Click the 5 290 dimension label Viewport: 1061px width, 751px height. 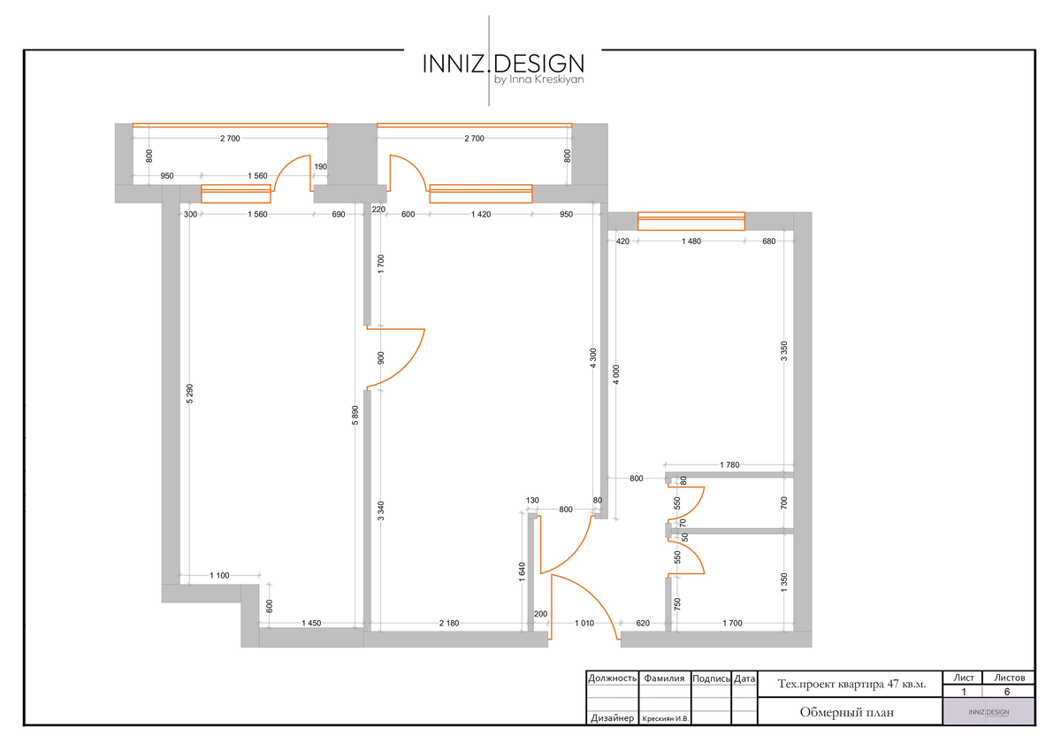[x=190, y=394]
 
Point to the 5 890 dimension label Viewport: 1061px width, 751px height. [x=355, y=415]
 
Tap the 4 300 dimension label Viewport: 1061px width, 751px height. [x=593, y=358]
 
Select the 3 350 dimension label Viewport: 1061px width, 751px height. [x=784, y=351]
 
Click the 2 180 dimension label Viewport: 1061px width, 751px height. [x=449, y=623]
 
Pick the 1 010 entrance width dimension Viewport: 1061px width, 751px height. [x=584, y=623]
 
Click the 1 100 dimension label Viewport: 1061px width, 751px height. [x=219, y=575]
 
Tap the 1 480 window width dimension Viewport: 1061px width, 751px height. [x=691, y=241]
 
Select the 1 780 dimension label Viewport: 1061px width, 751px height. [x=729, y=464]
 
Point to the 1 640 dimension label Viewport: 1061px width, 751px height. [x=522, y=572]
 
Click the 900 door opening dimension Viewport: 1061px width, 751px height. [x=381, y=357]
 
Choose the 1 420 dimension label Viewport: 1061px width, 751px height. [x=481, y=214]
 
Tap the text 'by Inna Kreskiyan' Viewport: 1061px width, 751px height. [x=539, y=80]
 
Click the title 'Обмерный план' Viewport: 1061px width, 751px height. [x=847, y=712]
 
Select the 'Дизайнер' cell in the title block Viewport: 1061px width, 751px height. [x=612, y=718]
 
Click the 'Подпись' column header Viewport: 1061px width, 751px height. [x=711, y=678]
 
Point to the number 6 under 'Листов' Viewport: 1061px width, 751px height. [x=1007, y=692]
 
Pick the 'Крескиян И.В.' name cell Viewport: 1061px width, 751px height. [x=665, y=719]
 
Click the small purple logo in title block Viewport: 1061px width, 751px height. [x=988, y=711]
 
